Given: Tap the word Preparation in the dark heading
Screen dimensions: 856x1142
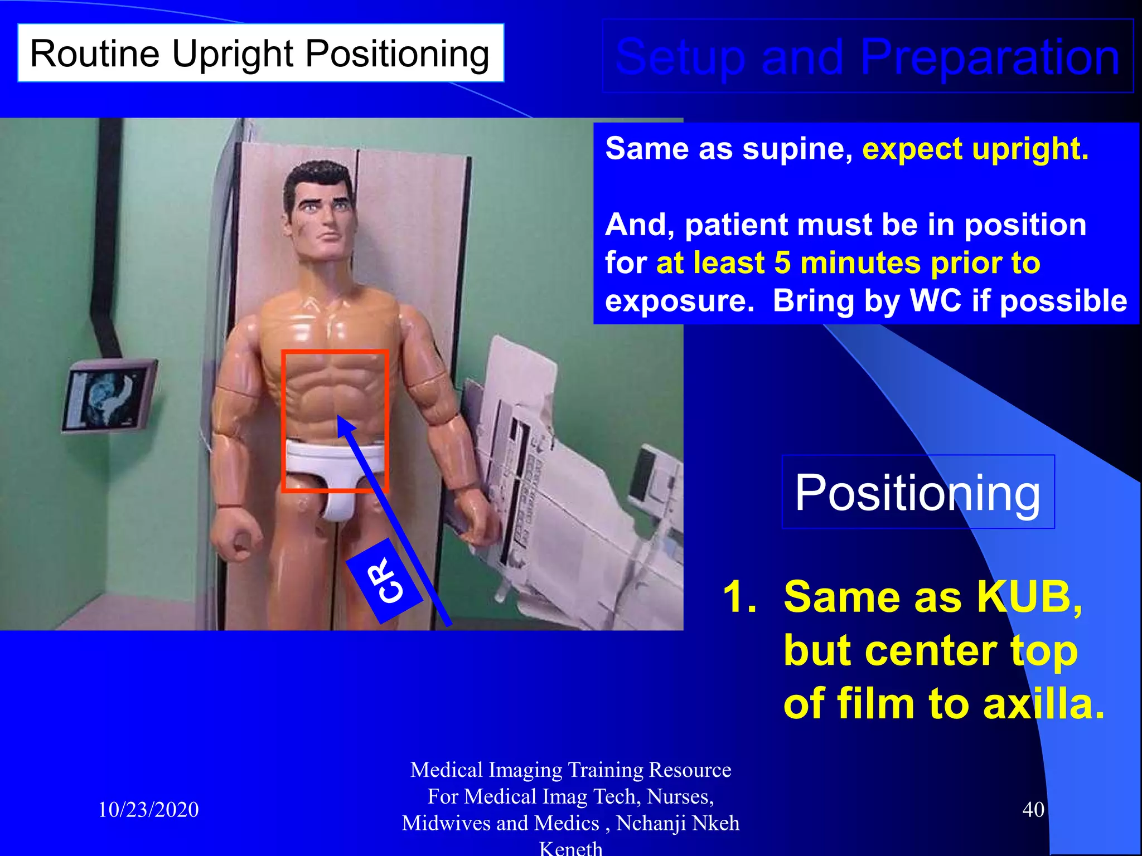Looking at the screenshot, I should click(x=989, y=57).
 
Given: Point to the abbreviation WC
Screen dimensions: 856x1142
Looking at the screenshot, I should click(x=935, y=301).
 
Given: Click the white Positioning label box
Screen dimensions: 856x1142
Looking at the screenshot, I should click(x=917, y=492).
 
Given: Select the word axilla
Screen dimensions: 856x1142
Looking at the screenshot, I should click(x=1043, y=704).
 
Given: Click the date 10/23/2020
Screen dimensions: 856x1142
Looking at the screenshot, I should click(x=148, y=810).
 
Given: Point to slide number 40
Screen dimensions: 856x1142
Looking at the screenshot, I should click(x=1033, y=810).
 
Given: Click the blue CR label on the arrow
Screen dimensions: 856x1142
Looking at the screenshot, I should click(x=385, y=581).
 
